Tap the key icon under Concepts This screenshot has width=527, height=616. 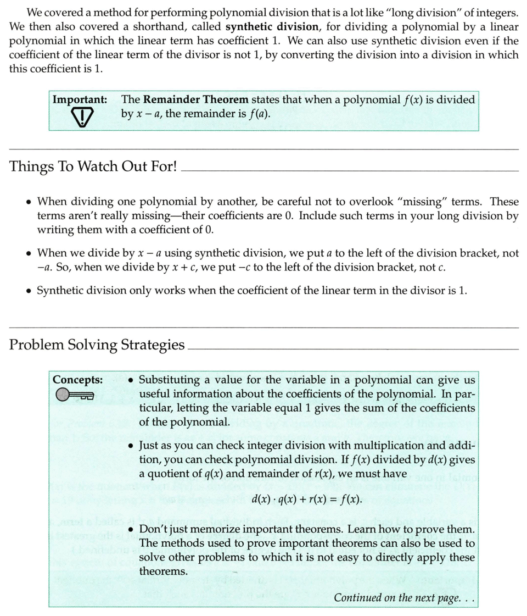(x=75, y=394)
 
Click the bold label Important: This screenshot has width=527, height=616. (x=80, y=100)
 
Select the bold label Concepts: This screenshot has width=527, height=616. (x=77, y=380)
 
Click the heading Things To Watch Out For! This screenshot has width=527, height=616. (x=93, y=167)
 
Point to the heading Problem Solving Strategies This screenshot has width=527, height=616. (x=97, y=345)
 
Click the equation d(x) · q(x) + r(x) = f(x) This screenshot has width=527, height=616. (x=306, y=500)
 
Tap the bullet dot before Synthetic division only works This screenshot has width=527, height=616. (x=29, y=291)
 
